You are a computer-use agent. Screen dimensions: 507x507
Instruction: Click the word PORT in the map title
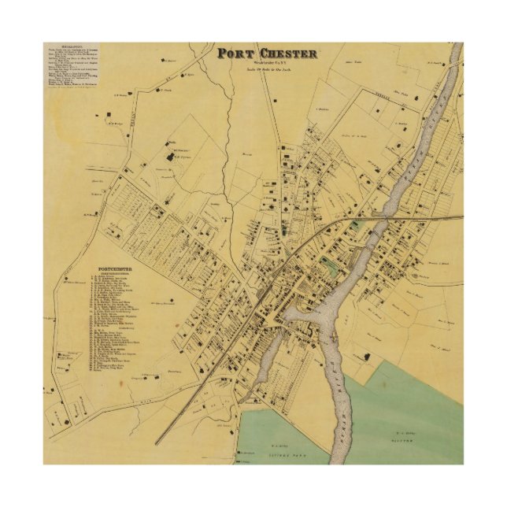click(x=236, y=54)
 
